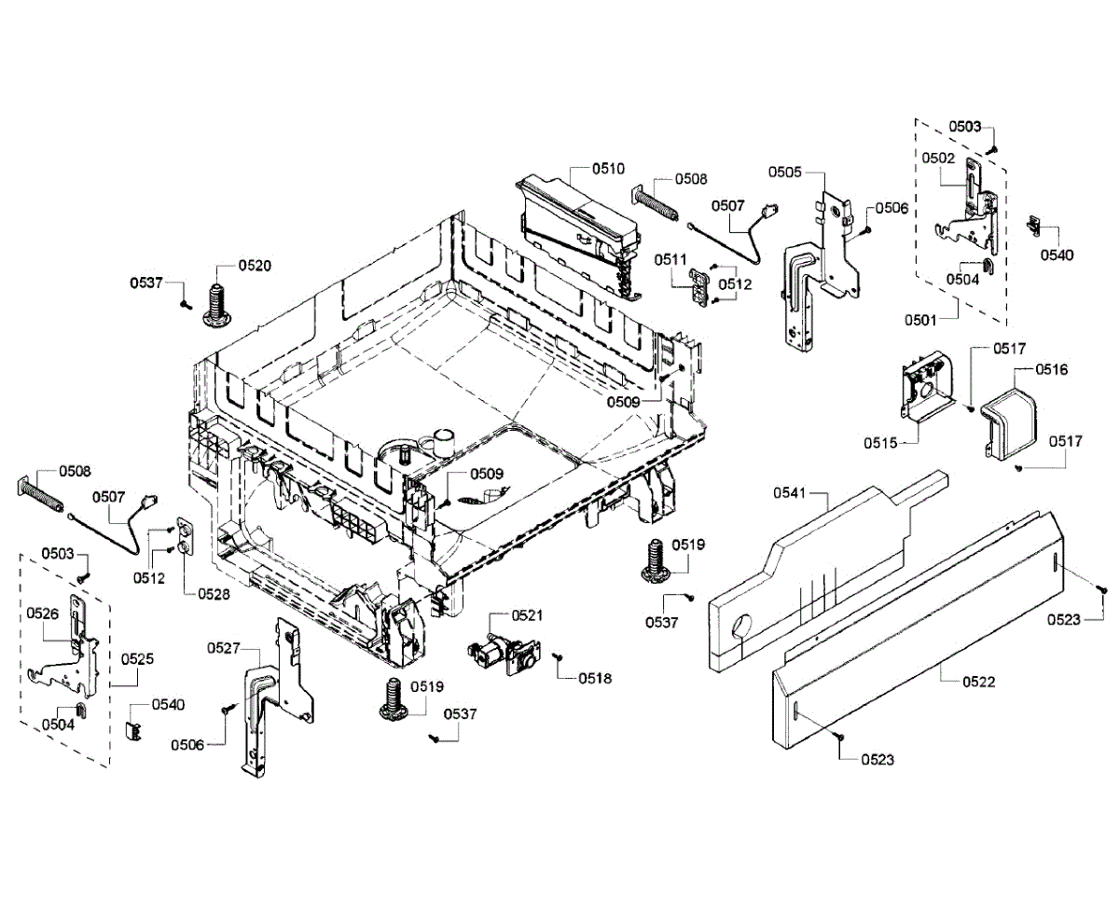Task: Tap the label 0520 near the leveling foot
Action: tap(255, 265)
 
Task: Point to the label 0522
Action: tap(979, 682)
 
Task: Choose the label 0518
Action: tap(595, 678)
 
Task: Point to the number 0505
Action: tap(785, 172)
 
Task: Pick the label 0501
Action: tap(920, 320)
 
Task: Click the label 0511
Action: tap(670, 258)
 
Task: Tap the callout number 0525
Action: tap(137, 658)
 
